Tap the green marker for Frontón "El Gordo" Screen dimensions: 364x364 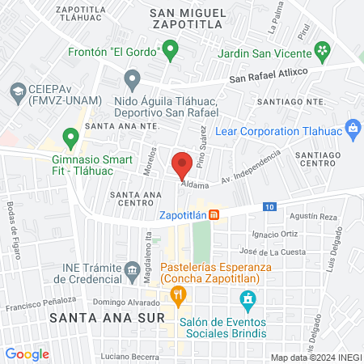170,52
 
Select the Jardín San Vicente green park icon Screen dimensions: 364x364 324,51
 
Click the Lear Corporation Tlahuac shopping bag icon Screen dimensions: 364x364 352,127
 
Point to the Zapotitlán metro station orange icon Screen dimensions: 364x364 214,215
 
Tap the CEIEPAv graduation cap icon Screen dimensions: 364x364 17,90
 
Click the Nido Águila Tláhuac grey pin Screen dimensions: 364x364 133,79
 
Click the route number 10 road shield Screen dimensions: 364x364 268,207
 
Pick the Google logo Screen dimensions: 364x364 27,353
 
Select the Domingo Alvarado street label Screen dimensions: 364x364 120,302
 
